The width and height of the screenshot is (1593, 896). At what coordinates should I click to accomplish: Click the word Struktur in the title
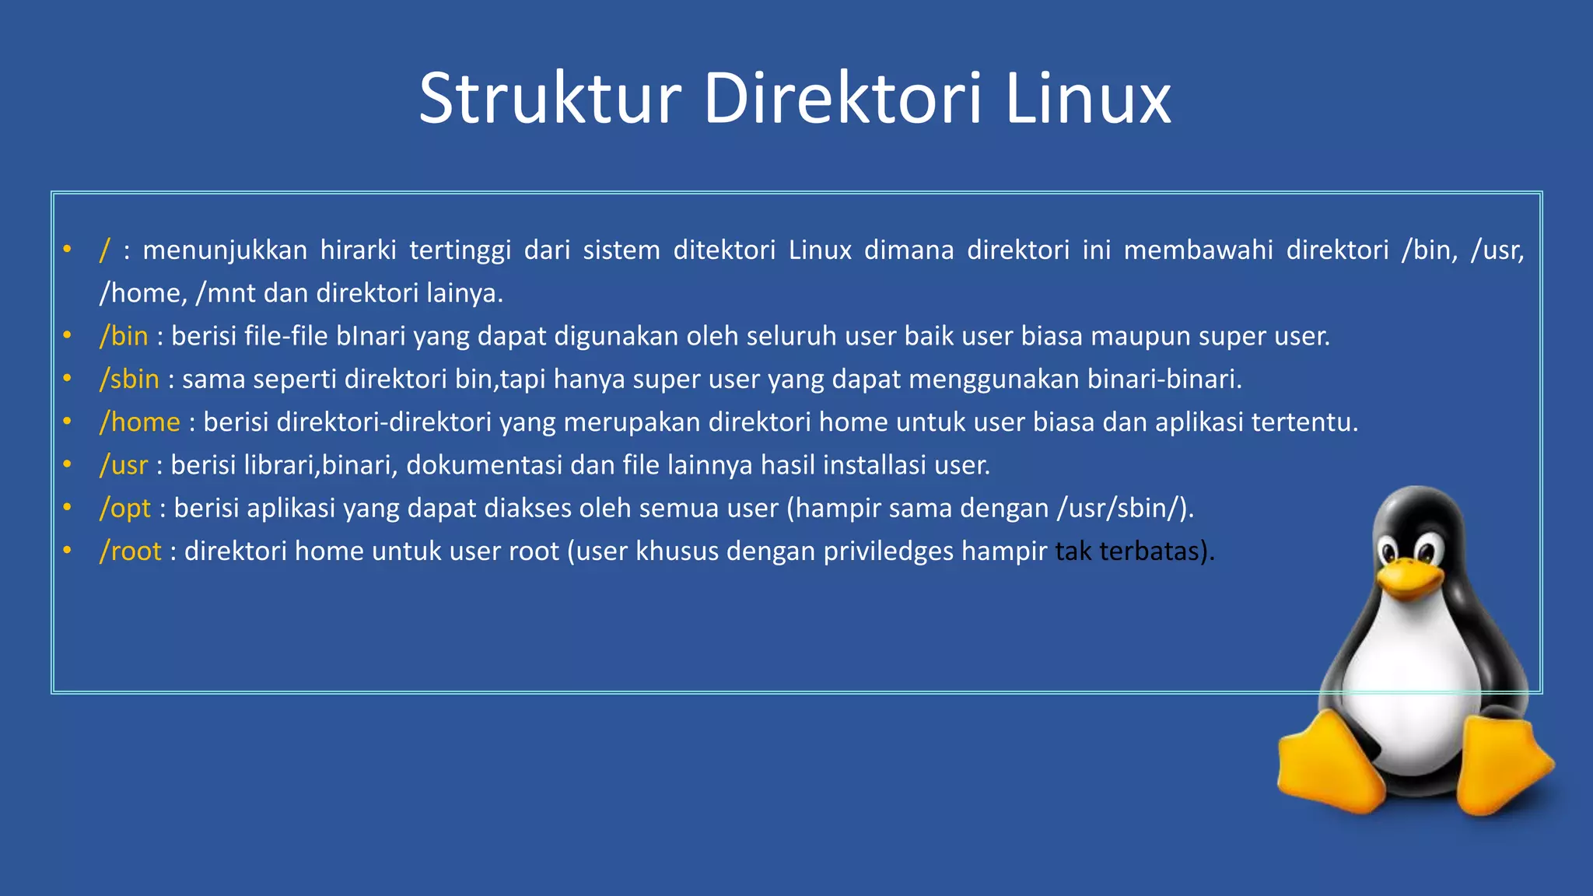[550, 99]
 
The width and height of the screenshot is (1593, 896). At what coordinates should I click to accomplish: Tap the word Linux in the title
[1087, 99]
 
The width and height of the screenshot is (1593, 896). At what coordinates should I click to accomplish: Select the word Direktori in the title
[842, 99]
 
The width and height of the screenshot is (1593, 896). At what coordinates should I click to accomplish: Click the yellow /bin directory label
[124, 336]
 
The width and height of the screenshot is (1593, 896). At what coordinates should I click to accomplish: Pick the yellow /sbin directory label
[129, 379]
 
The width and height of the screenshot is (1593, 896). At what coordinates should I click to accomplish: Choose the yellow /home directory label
[140, 422]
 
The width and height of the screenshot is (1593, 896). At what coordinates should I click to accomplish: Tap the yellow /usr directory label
[124, 465]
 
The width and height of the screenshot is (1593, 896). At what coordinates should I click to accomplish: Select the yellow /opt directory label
[125, 509]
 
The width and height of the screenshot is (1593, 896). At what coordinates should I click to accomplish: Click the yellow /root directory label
[131, 551]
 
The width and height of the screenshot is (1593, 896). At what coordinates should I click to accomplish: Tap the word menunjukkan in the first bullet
[225, 250]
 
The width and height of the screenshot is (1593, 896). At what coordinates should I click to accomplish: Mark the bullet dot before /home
[68, 422]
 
